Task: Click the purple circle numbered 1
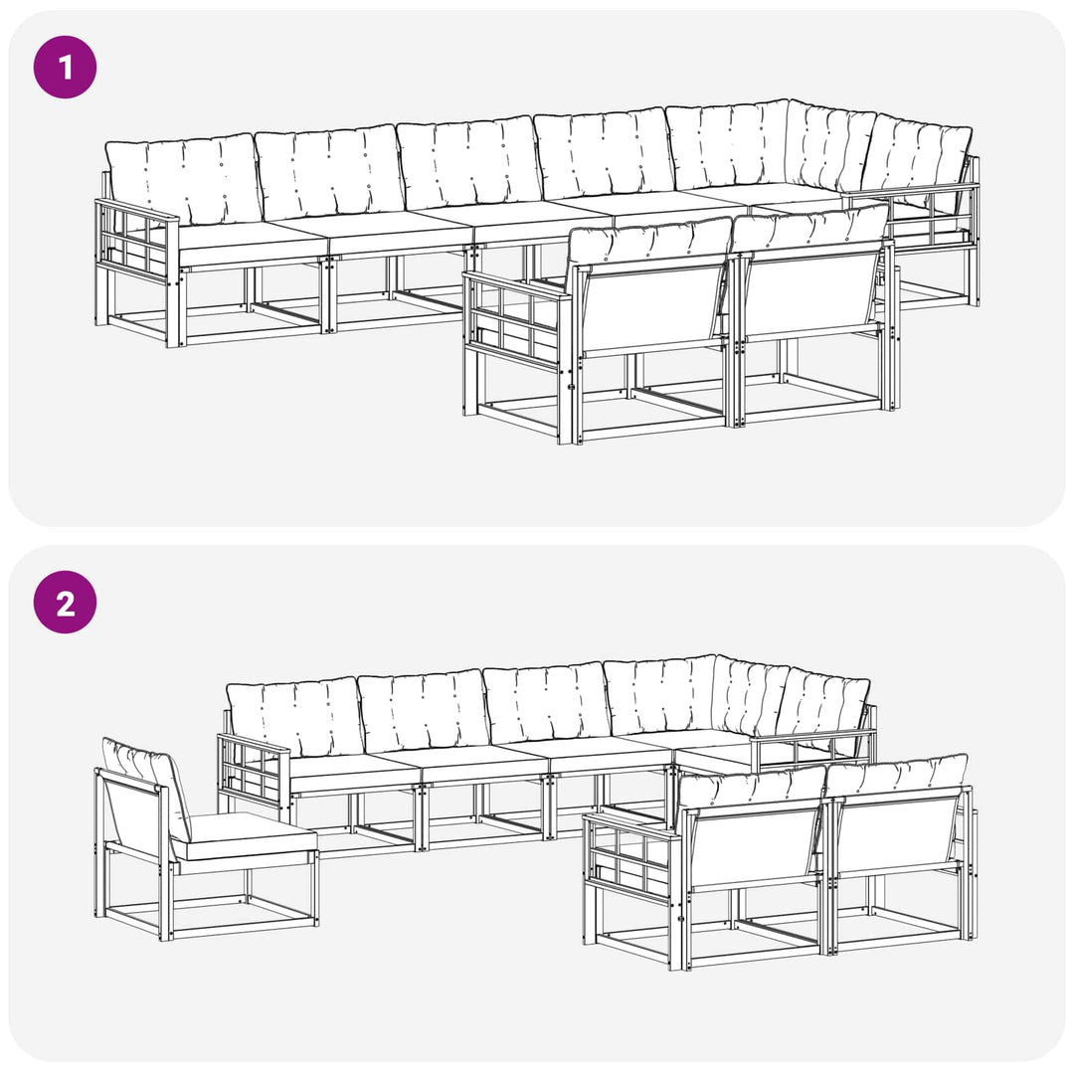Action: [65, 68]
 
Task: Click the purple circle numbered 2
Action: [65, 602]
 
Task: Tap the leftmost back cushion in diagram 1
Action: [184, 178]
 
